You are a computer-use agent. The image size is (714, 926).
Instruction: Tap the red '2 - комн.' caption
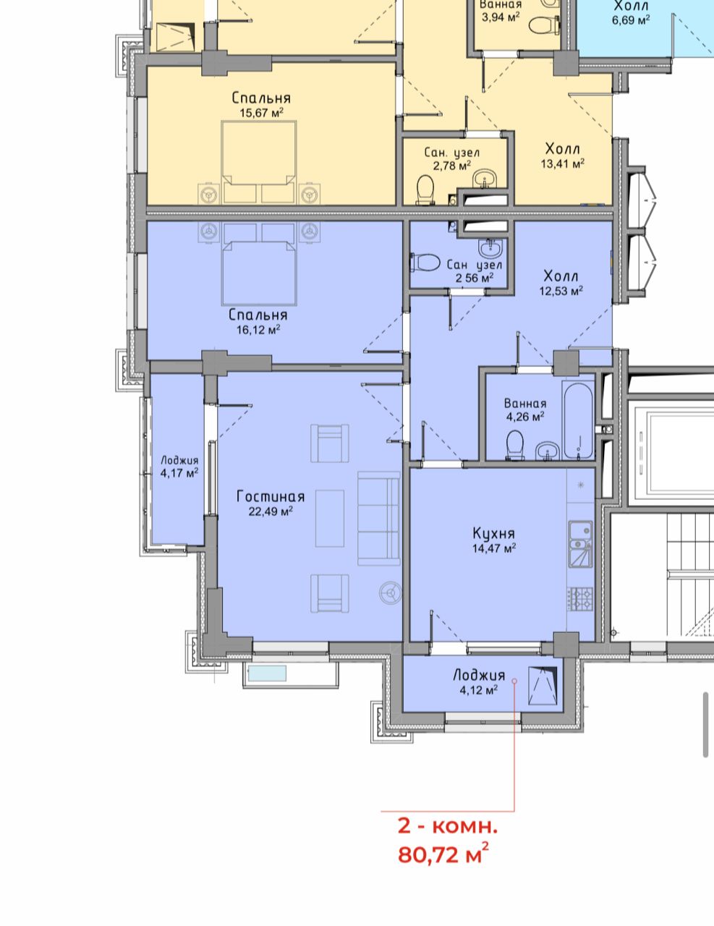(x=447, y=826)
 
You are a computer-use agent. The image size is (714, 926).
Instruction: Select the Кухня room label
(x=494, y=533)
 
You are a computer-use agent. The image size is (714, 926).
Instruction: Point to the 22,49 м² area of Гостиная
(x=271, y=511)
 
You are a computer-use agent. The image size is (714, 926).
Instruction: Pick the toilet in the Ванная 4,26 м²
(x=515, y=445)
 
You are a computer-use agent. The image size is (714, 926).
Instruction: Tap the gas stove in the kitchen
(x=579, y=598)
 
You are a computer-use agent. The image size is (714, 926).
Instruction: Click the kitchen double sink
(x=580, y=544)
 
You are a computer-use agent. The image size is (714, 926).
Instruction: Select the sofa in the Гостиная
(x=379, y=518)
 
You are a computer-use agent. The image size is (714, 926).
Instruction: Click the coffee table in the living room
(x=330, y=518)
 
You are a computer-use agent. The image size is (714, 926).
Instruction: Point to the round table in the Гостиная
(x=390, y=592)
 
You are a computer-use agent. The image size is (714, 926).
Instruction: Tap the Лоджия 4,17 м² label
(x=179, y=466)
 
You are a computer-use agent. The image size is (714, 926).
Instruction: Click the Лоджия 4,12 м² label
(x=480, y=681)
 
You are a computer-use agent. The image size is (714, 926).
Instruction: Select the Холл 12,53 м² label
(x=561, y=283)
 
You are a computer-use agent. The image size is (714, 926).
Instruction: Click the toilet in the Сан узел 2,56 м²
(x=425, y=263)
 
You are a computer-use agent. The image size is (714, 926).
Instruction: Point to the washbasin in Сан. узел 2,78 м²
(x=485, y=178)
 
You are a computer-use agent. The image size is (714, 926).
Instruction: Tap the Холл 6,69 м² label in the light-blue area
(x=631, y=13)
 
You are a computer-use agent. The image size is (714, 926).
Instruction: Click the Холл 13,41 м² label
(x=563, y=156)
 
